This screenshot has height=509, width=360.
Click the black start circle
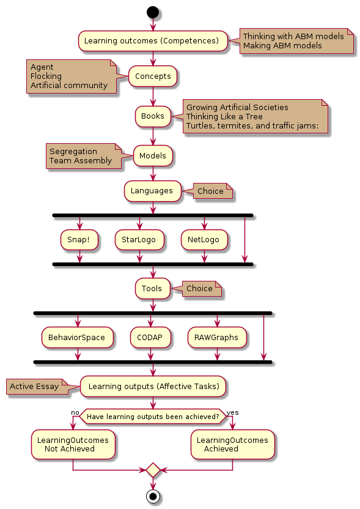coord(153,12)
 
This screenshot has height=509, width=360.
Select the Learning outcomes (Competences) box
coord(153,41)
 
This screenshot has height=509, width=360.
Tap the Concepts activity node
coord(153,76)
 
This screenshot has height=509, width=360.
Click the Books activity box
coord(153,116)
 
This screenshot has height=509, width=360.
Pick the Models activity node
coord(153,156)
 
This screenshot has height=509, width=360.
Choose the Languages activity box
coord(152,191)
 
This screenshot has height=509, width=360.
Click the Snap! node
coord(79,240)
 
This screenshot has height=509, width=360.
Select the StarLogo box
coord(139,240)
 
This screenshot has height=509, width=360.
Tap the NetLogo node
coord(204,240)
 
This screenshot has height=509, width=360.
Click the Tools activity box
coord(152,289)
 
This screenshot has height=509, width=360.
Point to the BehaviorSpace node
coord(77,338)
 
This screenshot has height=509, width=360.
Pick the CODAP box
coord(150,338)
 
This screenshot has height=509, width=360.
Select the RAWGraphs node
coord(217,338)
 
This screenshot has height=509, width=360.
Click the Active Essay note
coord(38,387)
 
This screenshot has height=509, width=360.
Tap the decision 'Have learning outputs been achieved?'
coord(153,417)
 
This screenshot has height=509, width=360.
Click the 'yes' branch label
coord(232,412)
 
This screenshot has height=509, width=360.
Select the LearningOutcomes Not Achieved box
coord(73,445)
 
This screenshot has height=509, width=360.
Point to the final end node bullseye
coord(153,496)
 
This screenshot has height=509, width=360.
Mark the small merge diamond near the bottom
coord(153,470)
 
